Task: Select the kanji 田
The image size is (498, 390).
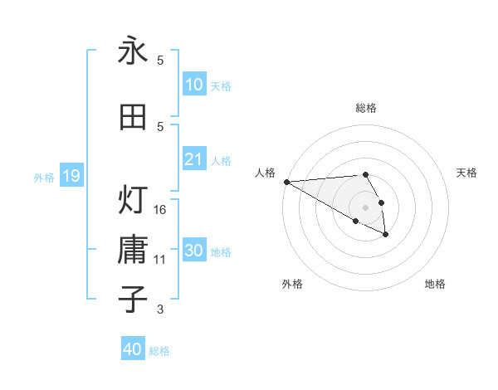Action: (x=133, y=117)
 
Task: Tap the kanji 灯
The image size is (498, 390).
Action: (x=133, y=200)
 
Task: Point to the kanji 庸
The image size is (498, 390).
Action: (x=133, y=250)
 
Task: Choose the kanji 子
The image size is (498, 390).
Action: (x=133, y=300)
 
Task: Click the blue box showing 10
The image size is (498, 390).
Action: (x=193, y=84)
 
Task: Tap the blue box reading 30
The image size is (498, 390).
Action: (x=193, y=251)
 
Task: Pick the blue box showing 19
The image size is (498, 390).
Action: (x=71, y=175)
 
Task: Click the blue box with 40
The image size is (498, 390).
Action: (x=133, y=349)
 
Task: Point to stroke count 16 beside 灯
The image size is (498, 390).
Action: (x=160, y=210)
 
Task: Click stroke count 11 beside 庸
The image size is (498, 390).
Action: (x=160, y=260)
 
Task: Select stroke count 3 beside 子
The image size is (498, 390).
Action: (x=160, y=310)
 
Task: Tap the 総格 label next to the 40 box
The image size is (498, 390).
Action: (x=159, y=351)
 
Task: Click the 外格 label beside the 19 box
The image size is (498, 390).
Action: (x=43, y=177)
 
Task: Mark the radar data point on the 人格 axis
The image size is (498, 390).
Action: (x=286, y=182)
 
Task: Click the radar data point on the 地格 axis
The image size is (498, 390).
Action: (x=386, y=235)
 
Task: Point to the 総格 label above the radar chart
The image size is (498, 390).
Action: (x=366, y=108)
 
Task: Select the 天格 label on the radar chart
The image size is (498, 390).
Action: (x=467, y=173)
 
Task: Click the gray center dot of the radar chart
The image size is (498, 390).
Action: (x=366, y=207)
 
